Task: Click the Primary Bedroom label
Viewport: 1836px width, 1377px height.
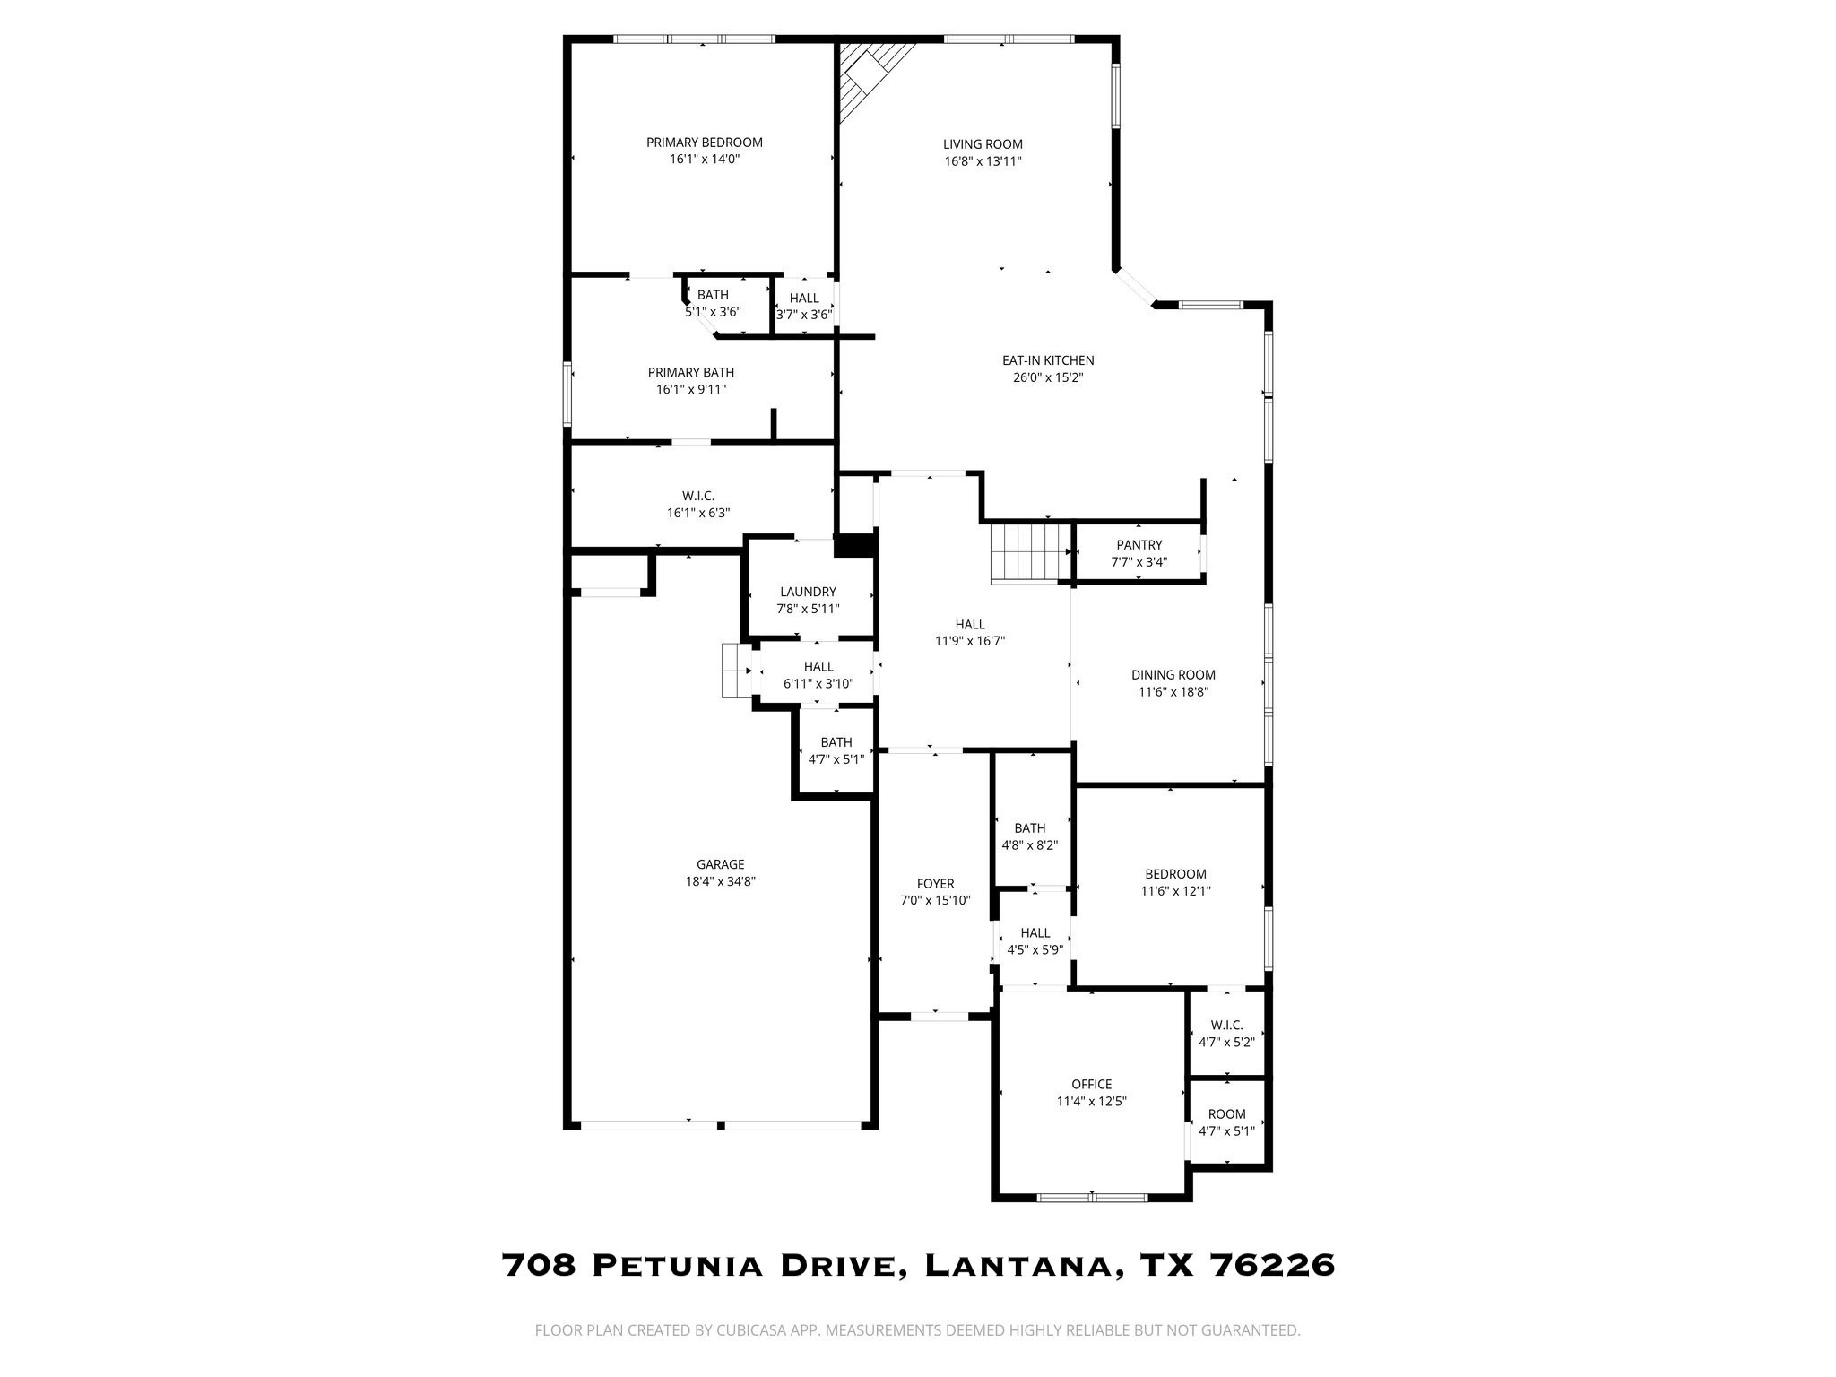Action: click(x=704, y=143)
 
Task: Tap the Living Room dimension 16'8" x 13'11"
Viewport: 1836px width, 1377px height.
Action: click(x=983, y=161)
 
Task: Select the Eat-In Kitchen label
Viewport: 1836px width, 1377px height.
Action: click(x=1048, y=360)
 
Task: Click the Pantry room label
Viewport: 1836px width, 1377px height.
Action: click(x=1139, y=545)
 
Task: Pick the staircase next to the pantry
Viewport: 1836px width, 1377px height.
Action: click(x=1030, y=553)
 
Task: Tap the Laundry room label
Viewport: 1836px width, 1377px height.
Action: click(x=808, y=592)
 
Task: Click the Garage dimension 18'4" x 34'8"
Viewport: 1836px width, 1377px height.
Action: click(x=720, y=881)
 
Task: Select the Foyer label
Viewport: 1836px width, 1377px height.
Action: click(x=935, y=883)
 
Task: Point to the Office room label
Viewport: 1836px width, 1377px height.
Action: click(x=1091, y=1084)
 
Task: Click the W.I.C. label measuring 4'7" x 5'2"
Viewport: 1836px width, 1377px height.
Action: click(x=1226, y=1025)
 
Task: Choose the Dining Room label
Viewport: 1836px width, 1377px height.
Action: click(x=1173, y=675)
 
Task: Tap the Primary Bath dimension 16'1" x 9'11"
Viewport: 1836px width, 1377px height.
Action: click(x=690, y=389)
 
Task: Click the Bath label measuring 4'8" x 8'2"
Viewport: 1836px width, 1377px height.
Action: click(x=1029, y=828)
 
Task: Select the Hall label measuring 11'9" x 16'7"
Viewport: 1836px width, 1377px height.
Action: click(x=969, y=624)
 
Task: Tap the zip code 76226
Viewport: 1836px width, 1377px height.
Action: click(x=1272, y=1265)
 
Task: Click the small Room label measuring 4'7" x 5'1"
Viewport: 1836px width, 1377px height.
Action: click(x=1226, y=1114)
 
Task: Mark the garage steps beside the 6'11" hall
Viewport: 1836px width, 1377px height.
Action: click(x=737, y=670)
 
